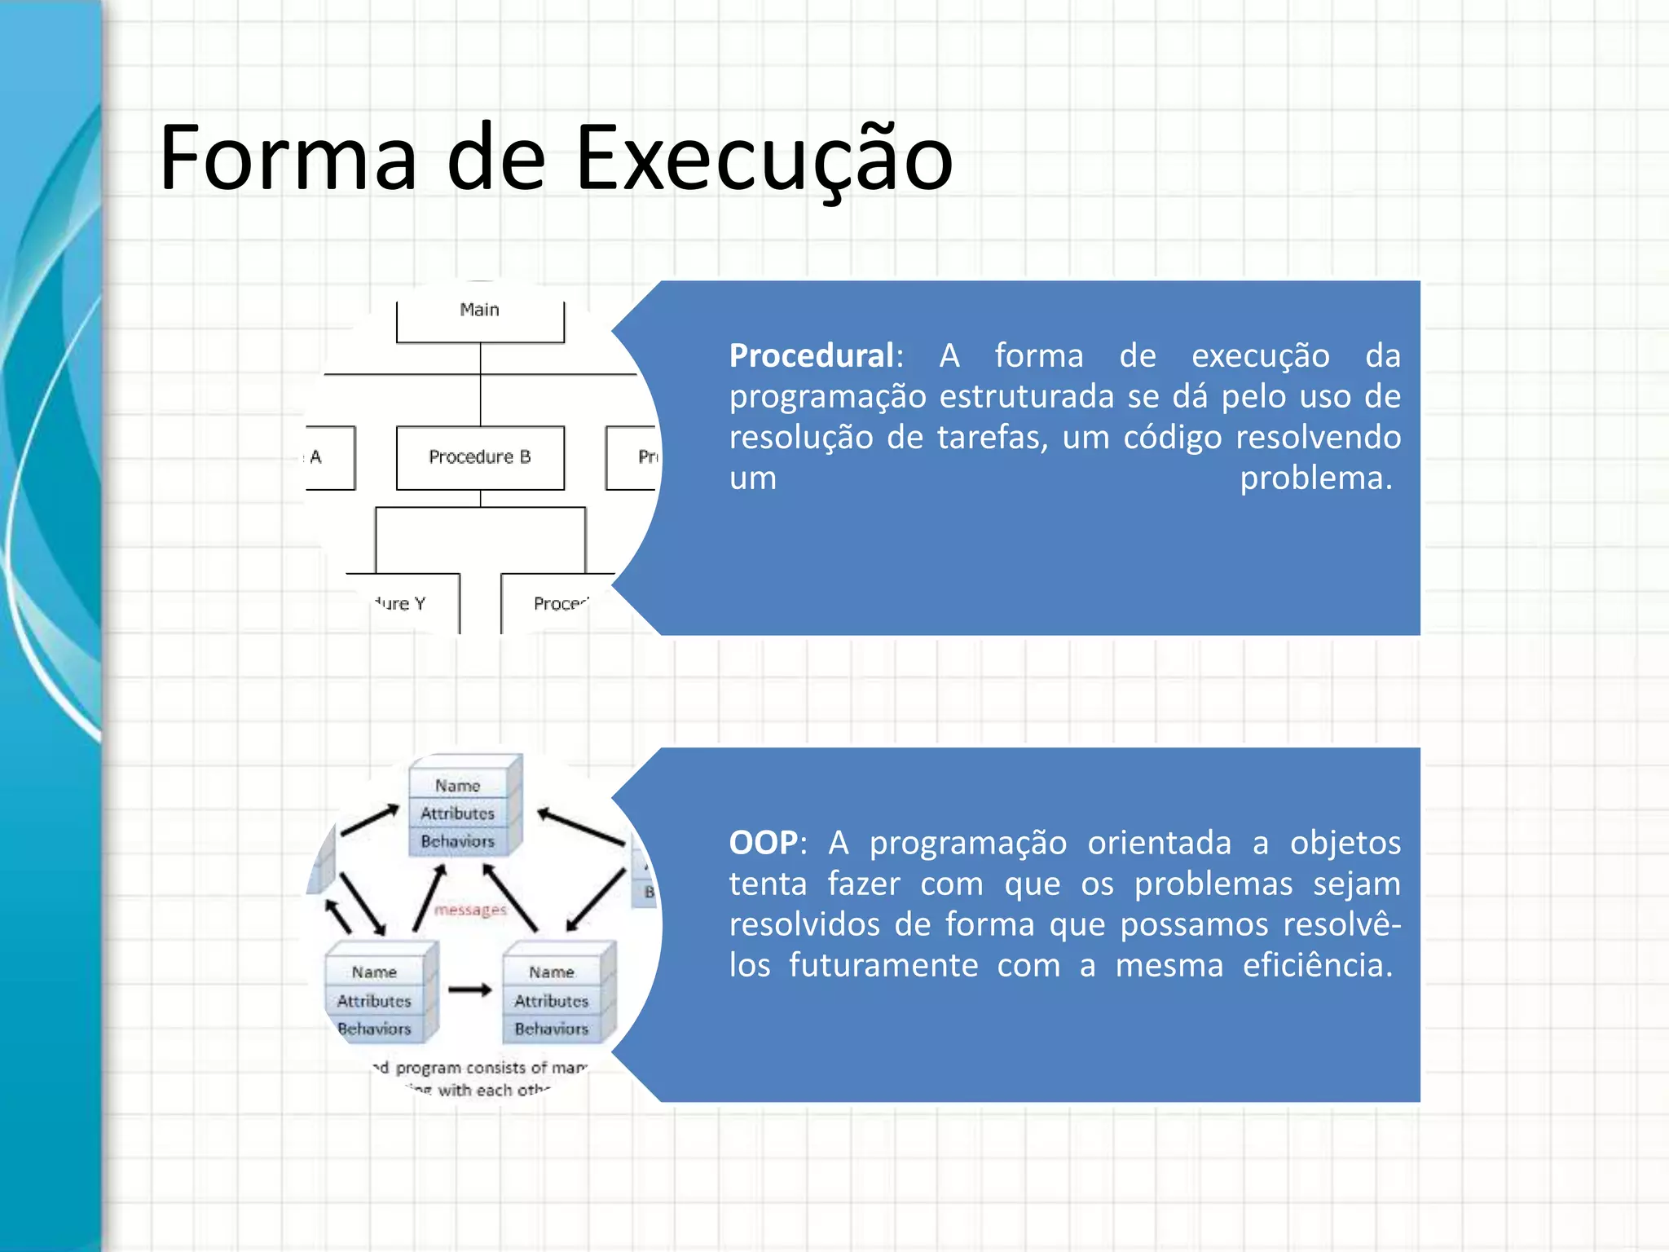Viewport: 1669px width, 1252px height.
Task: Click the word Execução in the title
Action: click(764, 159)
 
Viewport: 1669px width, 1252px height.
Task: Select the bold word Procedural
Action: click(812, 356)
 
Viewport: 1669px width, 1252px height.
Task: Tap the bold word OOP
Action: click(764, 843)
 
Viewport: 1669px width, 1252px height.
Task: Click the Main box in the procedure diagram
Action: click(480, 319)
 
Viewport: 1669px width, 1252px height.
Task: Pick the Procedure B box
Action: click(480, 457)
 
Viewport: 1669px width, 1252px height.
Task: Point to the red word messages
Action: click(470, 910)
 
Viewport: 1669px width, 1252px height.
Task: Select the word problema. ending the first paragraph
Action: click(1315, 478)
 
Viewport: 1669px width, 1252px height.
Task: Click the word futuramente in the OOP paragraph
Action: click(883, 966)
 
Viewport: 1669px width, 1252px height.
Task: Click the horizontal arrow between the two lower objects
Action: click(470, 990)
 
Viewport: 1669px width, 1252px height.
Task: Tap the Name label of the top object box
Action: click(457, 786)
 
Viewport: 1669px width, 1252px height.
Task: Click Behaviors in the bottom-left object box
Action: click(374, 1029)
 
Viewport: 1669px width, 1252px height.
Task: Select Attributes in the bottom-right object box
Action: click(551, 1001)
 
